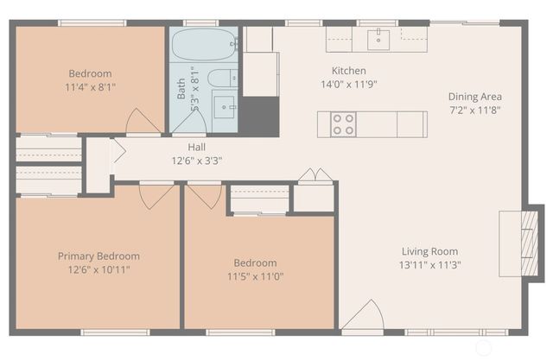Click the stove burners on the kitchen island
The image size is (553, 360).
coord(344,124)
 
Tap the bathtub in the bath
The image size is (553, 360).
coord(203,42)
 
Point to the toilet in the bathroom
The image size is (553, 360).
coord(220,78)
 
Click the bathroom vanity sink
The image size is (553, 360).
coord(226,109)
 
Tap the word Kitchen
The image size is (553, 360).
coord(349,71)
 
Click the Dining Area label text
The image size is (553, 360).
coord(474,97)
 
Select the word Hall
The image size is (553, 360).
coord(196,148)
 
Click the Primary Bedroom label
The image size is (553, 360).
coord(99,256)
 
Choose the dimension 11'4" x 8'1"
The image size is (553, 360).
coord(90,87)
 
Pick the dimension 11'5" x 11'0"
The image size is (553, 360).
coord(255,276)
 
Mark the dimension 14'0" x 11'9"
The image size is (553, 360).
coord(349,85)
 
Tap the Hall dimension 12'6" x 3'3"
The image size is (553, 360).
coord(196,161)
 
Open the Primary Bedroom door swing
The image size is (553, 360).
coord(156,196)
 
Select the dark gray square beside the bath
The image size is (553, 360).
coord(258,115)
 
